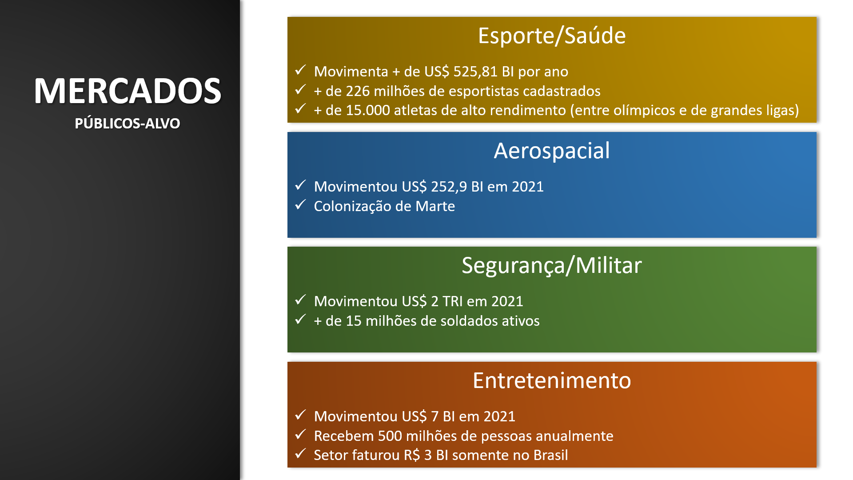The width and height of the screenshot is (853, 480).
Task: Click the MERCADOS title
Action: tap(128, 91)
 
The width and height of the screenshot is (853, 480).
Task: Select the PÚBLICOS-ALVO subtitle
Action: tap(128, 124)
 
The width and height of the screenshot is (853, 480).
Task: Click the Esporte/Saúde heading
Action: tap(552, 36)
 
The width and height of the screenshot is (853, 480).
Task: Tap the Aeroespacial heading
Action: tap(552, 151)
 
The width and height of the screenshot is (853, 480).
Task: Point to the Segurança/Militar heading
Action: tap(552, 266)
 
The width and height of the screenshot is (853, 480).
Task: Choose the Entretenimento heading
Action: tap(552, 380)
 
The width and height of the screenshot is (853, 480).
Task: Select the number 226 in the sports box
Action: tap(358, 91)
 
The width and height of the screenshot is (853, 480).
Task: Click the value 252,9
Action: tap(448, 187)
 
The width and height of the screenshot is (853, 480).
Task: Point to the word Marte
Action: tap(435, 206)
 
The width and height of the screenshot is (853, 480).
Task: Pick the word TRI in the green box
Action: tap(453, 301)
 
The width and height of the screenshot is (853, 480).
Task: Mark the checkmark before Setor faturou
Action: tap(301, 453)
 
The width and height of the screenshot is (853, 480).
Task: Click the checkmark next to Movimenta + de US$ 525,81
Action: tap(301, 70)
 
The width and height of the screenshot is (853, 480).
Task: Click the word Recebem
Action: tap(344, 436)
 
